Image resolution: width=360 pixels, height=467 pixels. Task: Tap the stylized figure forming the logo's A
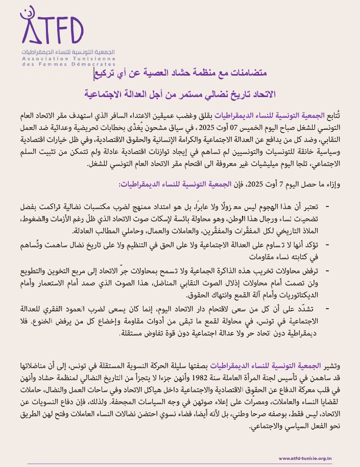pyautogui.click(x=32, y=27)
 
